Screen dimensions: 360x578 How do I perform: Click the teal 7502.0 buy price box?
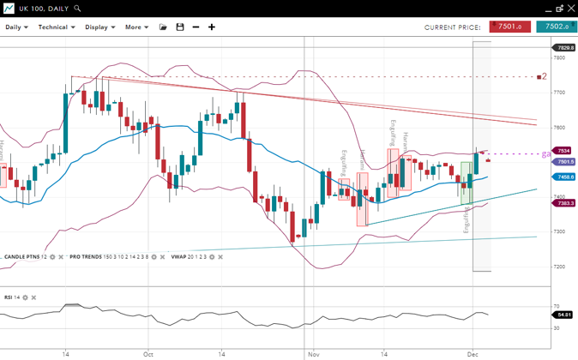[x=557, y=27]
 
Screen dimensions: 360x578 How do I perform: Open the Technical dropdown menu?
[x=57, y=27]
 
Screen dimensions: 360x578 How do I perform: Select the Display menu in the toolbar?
[x=100, y=27]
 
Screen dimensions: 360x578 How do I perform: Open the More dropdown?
[x=136, y=27]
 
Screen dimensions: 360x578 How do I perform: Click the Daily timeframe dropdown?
[x=16, y=27]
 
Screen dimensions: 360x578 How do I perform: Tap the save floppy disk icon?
[x=180, y=27]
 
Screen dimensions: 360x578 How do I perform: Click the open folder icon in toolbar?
[x=163, y=27]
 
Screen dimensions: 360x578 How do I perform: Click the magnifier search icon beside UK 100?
[x=77, y=9]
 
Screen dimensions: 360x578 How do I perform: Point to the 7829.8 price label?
[x=564, y=48]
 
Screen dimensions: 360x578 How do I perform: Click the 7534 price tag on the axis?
[x=563, y=151]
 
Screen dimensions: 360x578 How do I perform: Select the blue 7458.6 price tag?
[x=564, y=177]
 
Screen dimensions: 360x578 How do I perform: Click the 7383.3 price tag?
[x=564, y=203]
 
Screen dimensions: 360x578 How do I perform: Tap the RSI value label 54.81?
[x=563, y=315]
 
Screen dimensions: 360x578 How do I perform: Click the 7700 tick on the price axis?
[x=560, y=92]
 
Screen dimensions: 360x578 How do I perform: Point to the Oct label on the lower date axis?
[x=148, y=353]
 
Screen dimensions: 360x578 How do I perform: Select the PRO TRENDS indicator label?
[x=87, y=257]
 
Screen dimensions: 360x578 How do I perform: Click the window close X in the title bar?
[x=569, y=9]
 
